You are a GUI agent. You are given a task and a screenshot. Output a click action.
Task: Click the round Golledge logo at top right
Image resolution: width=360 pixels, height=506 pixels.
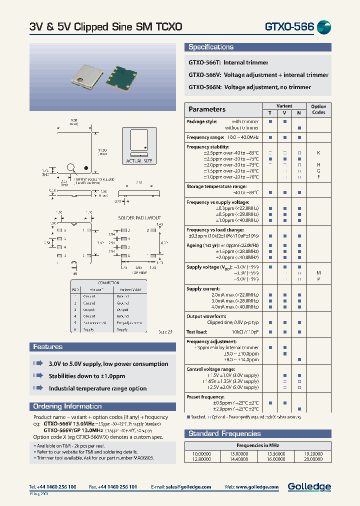[324, 27]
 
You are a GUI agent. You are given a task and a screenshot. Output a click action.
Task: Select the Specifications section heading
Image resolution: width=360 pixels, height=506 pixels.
[211, 47]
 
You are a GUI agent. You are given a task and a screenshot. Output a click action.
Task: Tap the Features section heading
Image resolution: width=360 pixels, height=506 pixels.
[48, 346]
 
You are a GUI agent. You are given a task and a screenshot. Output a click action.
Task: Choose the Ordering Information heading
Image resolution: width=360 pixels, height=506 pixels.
[67, 406]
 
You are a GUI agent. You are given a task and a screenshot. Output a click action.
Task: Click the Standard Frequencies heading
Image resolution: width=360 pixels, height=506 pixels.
[224, 433]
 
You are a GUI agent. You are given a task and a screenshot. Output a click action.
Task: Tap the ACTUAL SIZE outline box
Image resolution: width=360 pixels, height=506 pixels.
[139, 145]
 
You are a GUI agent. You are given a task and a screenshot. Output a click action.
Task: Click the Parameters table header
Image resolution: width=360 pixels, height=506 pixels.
[207, 109]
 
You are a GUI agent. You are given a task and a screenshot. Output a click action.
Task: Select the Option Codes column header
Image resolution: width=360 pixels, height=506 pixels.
[318, 109]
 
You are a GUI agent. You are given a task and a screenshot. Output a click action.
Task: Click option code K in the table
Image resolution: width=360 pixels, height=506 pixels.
[318, 152]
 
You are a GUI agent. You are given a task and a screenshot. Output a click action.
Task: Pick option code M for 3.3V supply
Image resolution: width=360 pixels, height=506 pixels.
[318, 273]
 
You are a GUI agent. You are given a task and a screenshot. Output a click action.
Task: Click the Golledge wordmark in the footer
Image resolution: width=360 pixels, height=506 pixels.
[309, 486]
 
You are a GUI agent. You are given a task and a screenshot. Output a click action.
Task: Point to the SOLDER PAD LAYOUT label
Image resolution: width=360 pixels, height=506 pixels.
[139, 218]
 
